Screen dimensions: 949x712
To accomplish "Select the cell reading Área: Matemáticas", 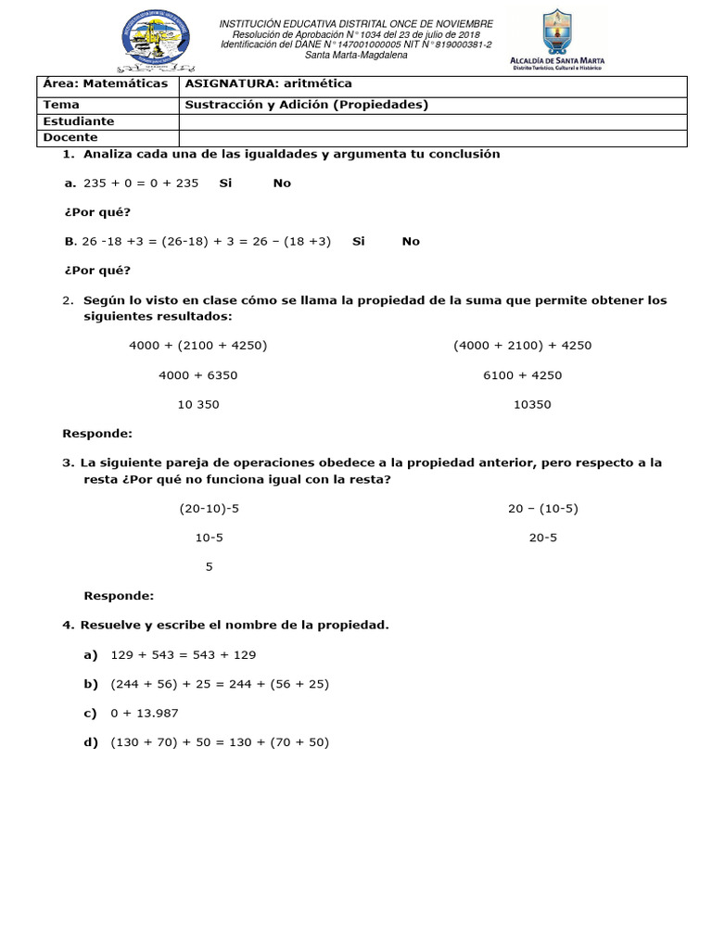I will (106, 83).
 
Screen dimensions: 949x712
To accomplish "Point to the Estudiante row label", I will (79, 121).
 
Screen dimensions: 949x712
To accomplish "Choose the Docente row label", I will (70, 137).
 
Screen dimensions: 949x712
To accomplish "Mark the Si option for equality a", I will (225, 183).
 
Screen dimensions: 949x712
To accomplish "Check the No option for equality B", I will (411, 241).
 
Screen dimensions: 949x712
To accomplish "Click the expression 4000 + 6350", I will (198, 375).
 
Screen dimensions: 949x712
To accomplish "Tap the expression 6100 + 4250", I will (523, 375).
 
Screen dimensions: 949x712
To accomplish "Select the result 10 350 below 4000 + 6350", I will (198, 405).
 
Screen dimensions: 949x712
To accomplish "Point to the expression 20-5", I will (543, 538).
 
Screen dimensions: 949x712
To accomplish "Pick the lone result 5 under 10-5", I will (210, 567).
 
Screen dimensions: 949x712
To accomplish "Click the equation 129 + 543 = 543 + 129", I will (183, 655).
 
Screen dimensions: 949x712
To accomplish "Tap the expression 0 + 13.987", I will (144, 713).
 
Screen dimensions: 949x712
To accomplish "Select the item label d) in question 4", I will (91, 742).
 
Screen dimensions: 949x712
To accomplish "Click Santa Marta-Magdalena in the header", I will (356, 55).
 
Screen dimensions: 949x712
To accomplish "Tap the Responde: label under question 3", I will (119, 596).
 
